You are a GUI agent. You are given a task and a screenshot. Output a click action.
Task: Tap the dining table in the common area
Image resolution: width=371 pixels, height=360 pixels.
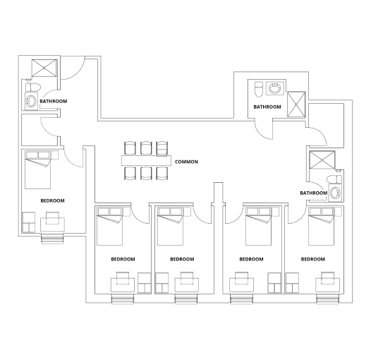146,162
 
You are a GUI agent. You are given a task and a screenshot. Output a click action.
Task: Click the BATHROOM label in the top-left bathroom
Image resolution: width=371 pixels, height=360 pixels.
54,102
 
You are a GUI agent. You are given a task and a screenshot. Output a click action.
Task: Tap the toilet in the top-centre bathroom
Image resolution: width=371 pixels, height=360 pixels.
258,90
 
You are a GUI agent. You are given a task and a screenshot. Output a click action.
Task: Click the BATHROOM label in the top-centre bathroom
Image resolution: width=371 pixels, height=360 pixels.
267,107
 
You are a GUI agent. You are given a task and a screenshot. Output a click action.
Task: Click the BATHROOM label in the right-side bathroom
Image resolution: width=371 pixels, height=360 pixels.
313,193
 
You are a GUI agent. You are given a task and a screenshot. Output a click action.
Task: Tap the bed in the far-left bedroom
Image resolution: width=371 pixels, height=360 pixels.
39,170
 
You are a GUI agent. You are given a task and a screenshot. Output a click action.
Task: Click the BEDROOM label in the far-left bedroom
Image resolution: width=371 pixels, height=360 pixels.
52,201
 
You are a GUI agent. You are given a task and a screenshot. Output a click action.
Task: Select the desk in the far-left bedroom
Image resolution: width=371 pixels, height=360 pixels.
53,224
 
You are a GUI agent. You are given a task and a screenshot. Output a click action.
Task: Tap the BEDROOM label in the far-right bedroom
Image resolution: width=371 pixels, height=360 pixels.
312,260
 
